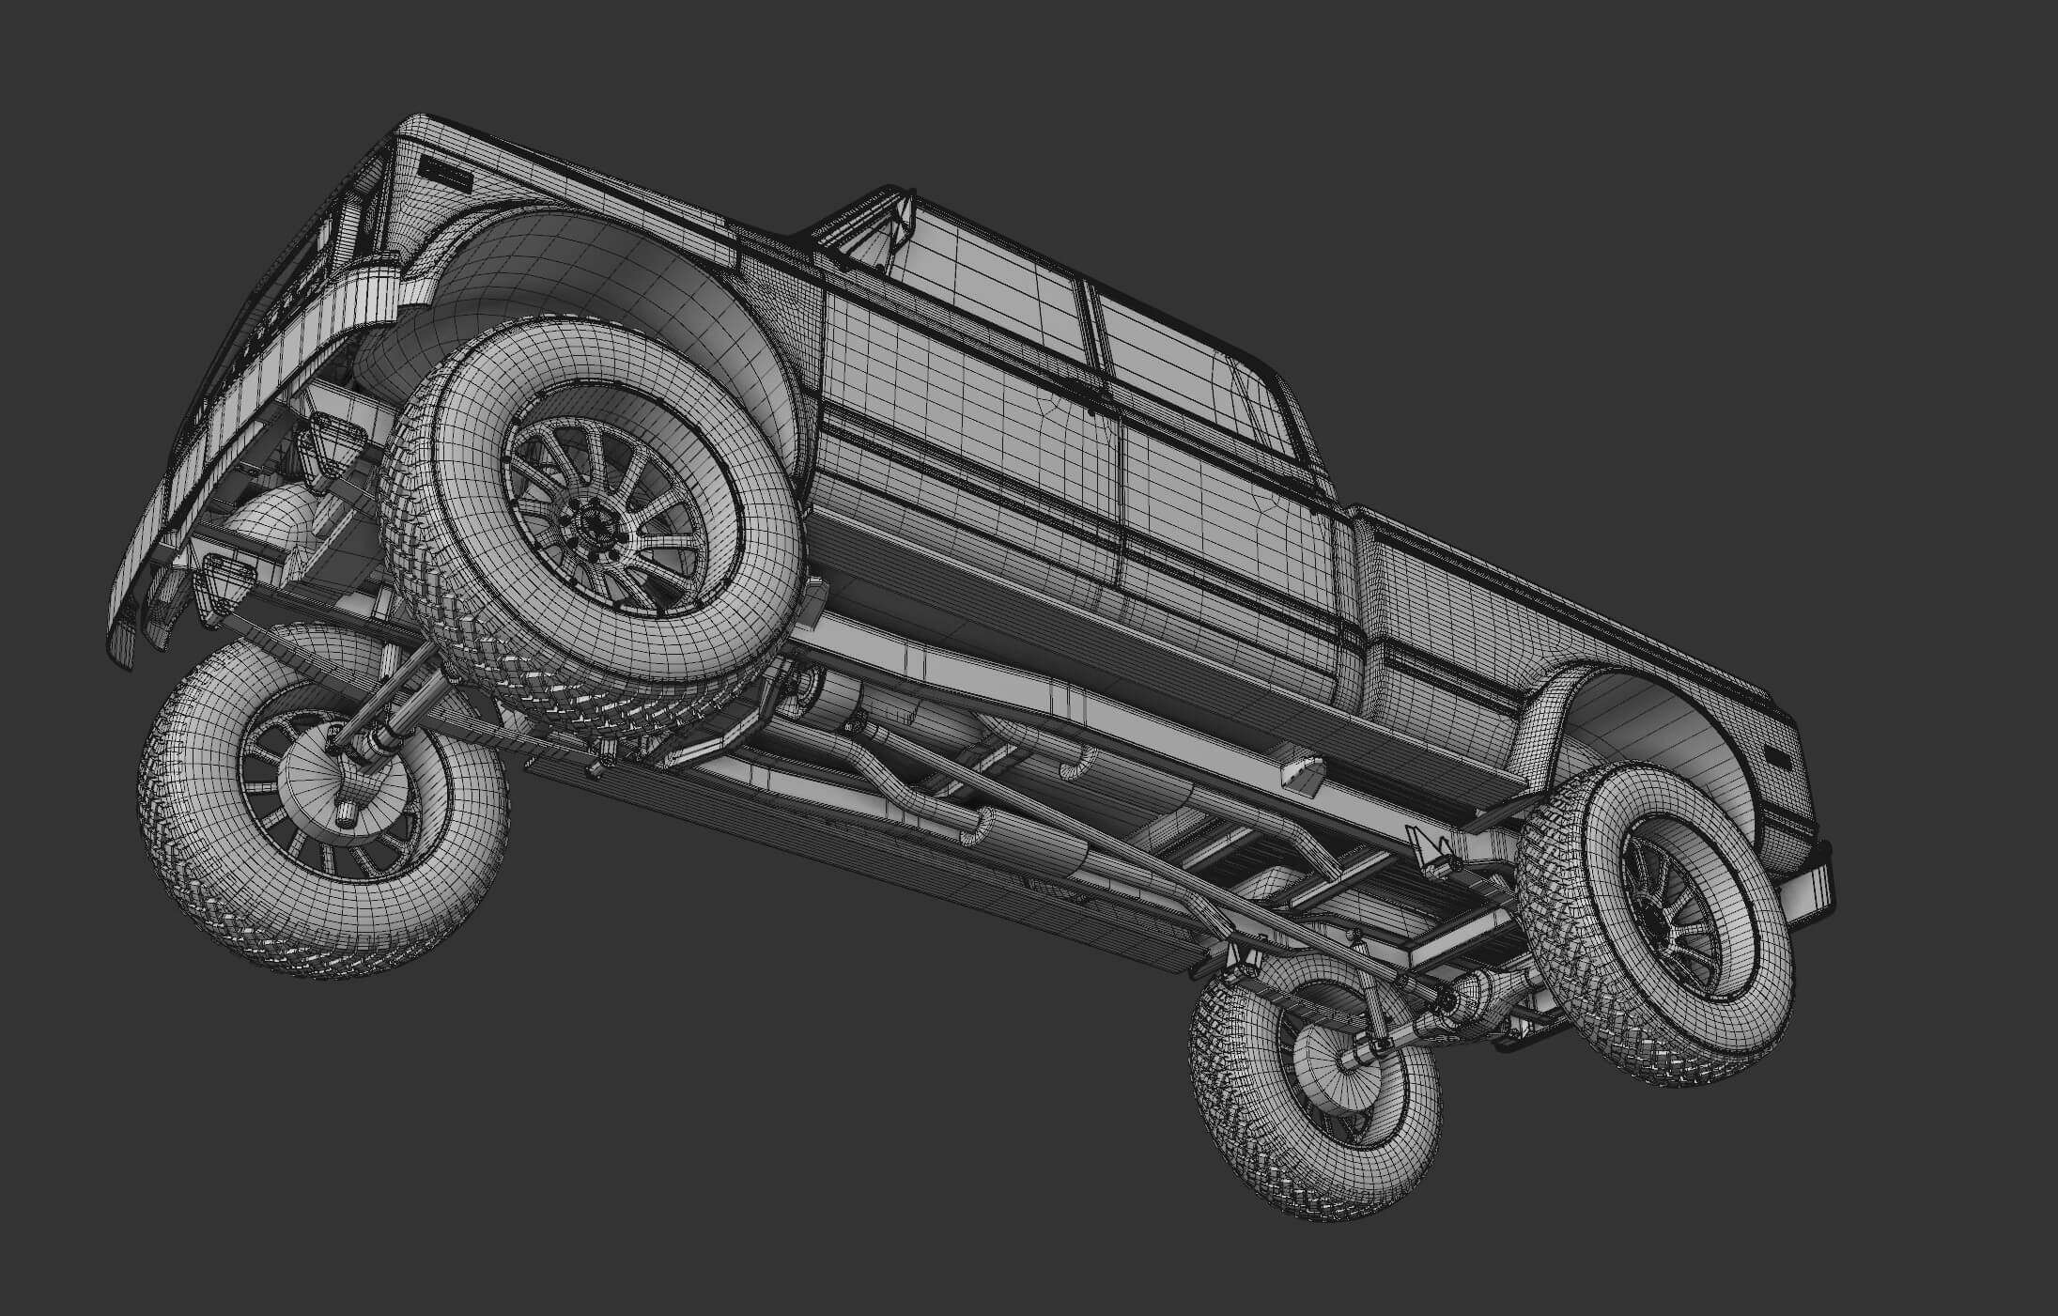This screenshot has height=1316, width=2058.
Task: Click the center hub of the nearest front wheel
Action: (x=595, y=519)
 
